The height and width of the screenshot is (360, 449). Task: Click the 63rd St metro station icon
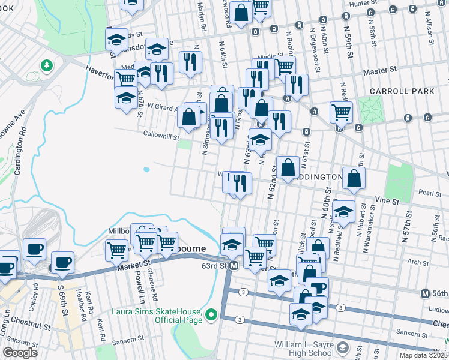234,265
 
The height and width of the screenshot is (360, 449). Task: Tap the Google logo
20,353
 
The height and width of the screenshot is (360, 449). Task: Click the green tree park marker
46,64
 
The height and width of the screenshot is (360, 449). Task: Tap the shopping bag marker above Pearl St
354,178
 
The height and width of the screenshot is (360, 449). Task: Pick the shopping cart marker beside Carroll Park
341,112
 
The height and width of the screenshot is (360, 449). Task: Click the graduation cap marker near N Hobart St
344,211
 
